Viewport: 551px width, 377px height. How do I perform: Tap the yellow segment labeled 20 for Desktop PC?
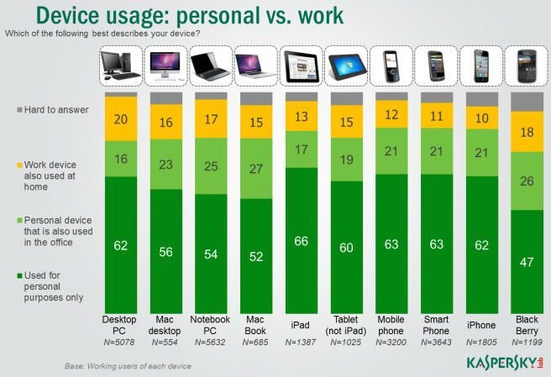point(120,118)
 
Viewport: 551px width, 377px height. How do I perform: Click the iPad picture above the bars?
point(302,67)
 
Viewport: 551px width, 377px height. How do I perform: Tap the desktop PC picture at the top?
point(120,67)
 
